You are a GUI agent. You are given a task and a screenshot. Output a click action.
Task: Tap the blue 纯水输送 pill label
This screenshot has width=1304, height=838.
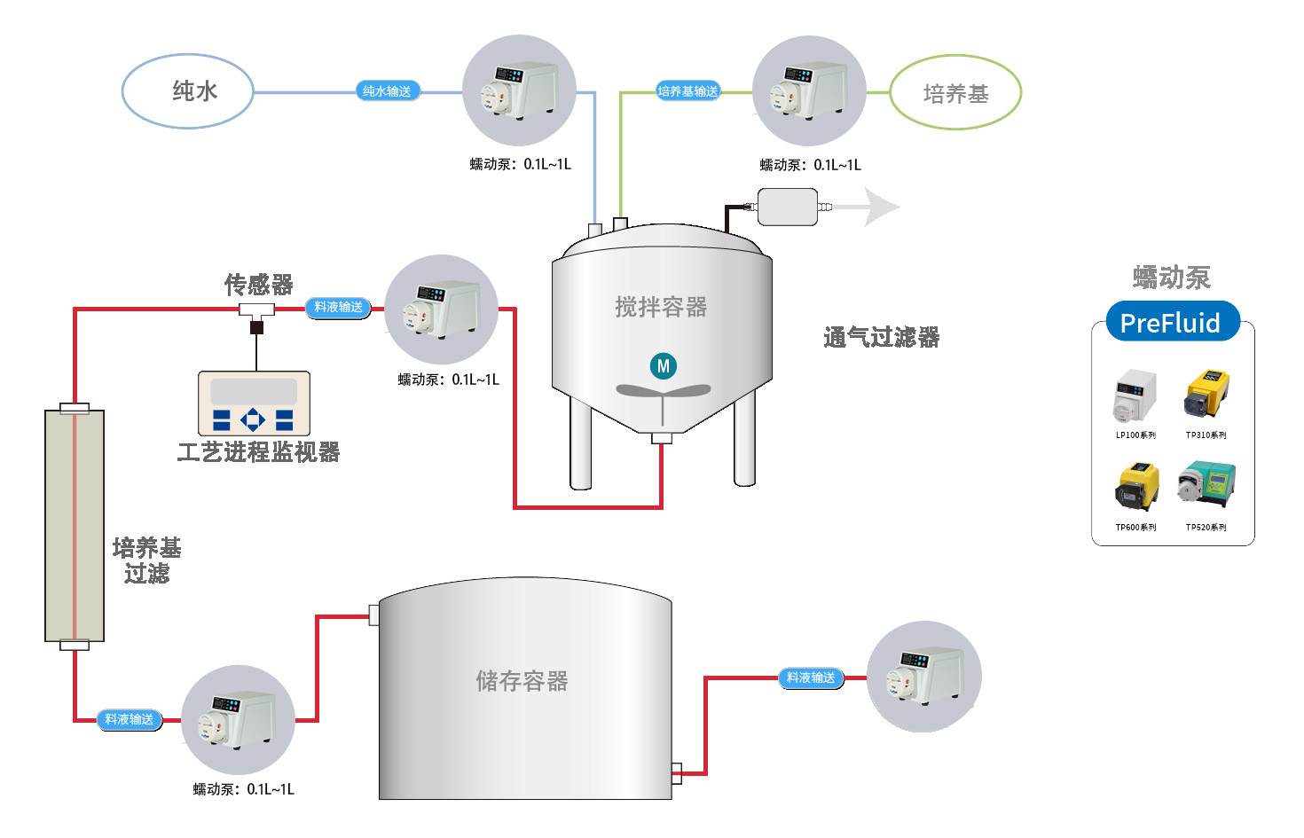click(387, 91)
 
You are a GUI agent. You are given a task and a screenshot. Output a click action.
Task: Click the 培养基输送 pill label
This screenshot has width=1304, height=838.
click(687, 91)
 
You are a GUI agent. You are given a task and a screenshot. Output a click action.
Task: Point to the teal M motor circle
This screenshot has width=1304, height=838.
click(663, 366)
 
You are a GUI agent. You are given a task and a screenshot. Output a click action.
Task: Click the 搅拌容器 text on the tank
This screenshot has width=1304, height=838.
click(662, 307)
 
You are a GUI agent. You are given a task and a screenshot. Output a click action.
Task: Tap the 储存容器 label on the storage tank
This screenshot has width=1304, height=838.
click(522, 681)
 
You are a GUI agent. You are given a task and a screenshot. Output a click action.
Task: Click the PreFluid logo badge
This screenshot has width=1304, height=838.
click(1171, 322)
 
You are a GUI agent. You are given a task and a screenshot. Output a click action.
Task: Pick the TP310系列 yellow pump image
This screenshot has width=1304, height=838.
click(1206, 394)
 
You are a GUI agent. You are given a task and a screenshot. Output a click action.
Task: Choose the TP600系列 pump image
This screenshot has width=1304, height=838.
click(1137, 487)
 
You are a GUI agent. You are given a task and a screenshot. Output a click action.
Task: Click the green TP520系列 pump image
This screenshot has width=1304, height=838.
click(1206, 483)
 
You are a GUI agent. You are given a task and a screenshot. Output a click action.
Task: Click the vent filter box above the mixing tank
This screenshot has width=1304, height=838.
click(788, 208)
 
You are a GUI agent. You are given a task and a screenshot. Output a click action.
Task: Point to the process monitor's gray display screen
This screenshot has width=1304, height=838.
click(254, 392)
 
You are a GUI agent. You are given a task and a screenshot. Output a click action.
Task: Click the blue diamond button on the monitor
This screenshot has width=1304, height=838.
click(253, 419)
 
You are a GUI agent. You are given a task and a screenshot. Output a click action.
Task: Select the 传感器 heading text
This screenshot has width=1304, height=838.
click(259, 286)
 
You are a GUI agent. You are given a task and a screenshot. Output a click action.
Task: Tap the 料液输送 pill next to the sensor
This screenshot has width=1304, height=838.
click(338, 307)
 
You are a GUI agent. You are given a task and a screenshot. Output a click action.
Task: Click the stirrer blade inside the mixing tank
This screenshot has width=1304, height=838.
click(663, 390)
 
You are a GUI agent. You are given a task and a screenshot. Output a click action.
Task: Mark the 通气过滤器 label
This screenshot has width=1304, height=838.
click(882, 338)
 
